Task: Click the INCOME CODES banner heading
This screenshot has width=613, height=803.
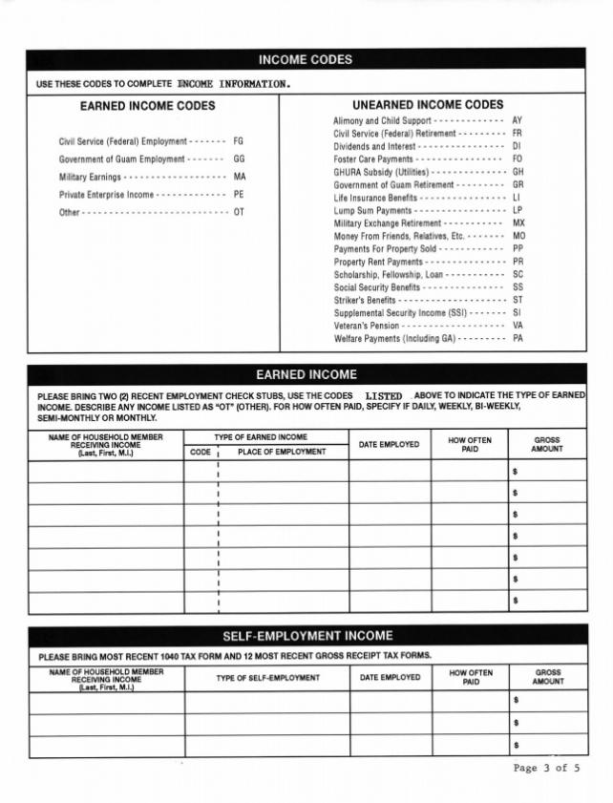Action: pyautogui.click(x=306, y=60)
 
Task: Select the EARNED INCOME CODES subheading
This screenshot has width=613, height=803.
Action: pyautogui.click(x=147, y=106)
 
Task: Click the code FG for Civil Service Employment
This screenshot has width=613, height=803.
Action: pyautogui.click(x=239, y=141)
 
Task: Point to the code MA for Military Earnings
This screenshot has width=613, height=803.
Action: pyautogui.click(x=240, y=177)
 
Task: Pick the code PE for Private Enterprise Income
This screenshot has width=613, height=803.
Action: pyautogui.click(x=240, y=195)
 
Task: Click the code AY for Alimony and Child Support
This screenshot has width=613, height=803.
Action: pyautogui.click(x=518, y=121)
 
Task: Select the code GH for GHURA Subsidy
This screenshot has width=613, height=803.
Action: pyautogui.click(x=518, y=172)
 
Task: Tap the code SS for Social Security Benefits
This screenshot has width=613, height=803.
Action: pyautogui.click(x=518, y=287)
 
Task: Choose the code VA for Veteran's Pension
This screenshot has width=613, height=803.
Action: pyautogui.click(x=518, y=326)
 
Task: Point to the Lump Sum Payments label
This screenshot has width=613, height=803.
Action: pyautogui.click(x=373, y=210)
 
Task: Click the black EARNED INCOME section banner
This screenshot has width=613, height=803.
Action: pyautogui.click(x=306, y=374)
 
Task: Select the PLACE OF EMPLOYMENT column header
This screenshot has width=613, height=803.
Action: pyautogui.click(x=282, y=452)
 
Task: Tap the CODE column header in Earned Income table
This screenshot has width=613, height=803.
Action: pyautogui.click(x=201, y=452)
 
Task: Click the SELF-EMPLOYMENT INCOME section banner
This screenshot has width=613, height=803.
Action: pyautogui.click(x=306, y=635)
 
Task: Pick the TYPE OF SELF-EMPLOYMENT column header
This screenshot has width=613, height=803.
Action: pyautogui.click(x=267, y=678)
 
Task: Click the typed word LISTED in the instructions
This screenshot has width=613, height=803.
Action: pyautogui.click(x=384, y=395)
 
